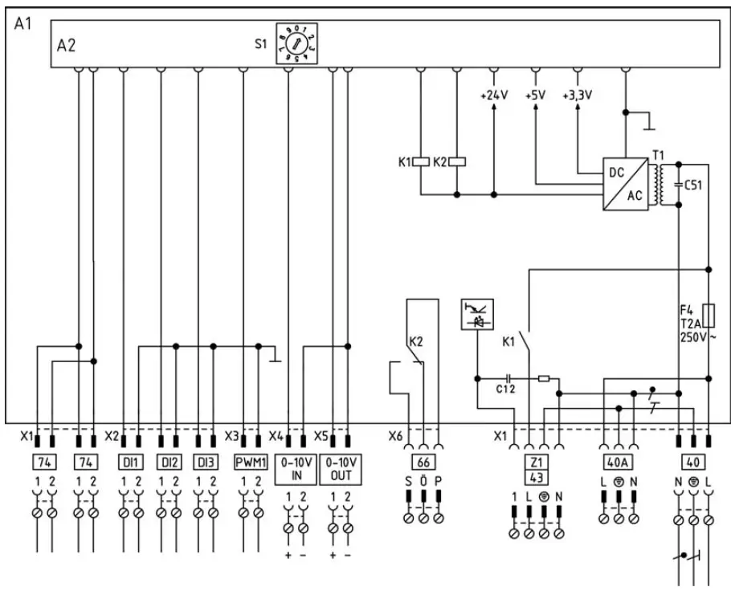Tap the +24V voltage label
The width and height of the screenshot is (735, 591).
(493, 95)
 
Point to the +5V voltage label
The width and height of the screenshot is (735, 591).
(535, 95)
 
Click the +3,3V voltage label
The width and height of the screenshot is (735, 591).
(577, 95)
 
